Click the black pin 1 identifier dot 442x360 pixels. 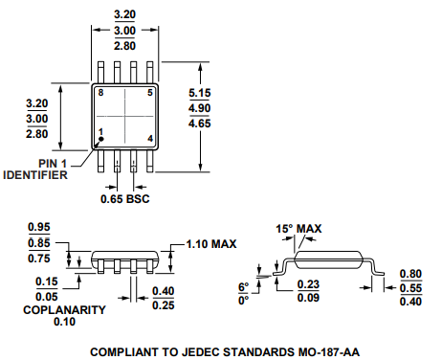click(101, 139)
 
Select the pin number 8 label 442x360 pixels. click(100, 93)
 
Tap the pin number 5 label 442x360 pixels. click(150, 93)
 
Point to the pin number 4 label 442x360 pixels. click(150, 139)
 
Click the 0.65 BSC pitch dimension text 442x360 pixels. click(125, 199)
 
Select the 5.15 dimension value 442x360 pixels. click(200, 93)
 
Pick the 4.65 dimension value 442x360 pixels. click(200, 124)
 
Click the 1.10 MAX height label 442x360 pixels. click(211, 244)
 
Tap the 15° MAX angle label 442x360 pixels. click(298, 229)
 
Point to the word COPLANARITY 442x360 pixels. click(64, 310)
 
